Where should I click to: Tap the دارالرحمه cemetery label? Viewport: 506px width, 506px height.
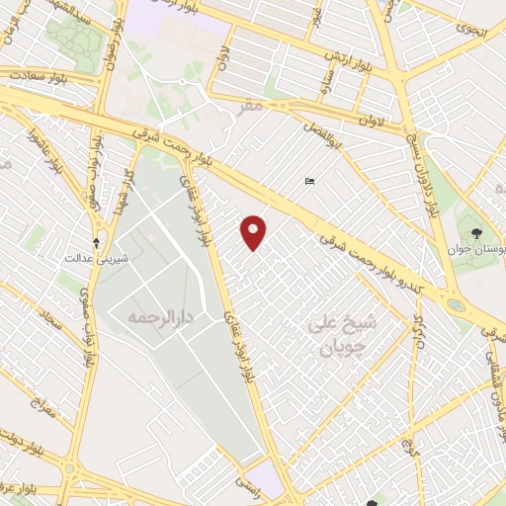click(157, 318)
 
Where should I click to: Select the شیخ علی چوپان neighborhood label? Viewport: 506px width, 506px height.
click(336, 336)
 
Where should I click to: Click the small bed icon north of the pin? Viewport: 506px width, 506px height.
click(310, 181)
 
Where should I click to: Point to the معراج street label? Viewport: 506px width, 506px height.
click(41, 405)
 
